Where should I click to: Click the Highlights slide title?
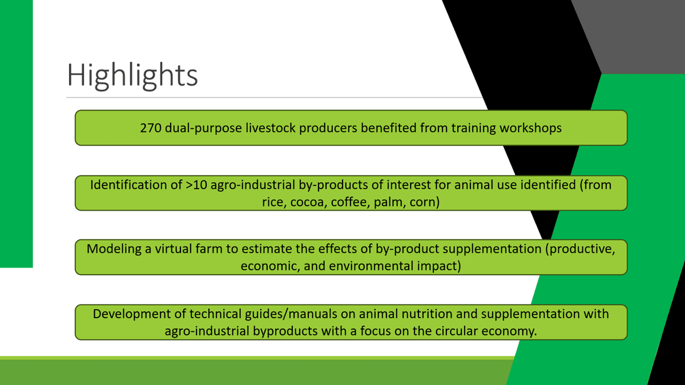point(132,75)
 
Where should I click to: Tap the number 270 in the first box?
point(151,128)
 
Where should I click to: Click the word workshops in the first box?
point(530,128)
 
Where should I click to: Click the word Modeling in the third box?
point(114,249)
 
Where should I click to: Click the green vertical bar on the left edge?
point(16,134)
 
